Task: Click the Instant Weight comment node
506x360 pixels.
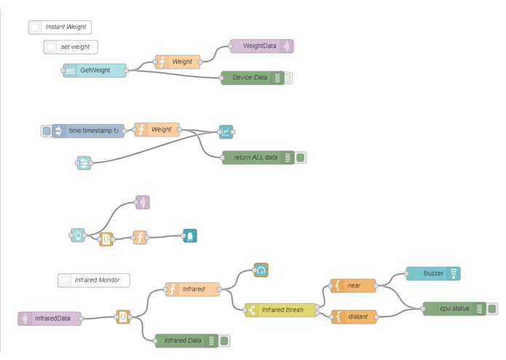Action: point(60,27)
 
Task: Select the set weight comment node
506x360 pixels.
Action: point(71,47)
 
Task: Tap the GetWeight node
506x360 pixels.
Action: point(95,71)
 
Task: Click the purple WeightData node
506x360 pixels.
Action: point(261,46)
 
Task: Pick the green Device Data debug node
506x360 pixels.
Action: point(253,78)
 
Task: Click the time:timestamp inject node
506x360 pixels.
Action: point(88,130)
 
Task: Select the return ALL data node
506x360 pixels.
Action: point(258,157)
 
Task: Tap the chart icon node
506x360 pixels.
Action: point(226,132)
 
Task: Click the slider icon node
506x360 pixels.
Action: point(84,163)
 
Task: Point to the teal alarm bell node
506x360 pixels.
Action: point(190,236)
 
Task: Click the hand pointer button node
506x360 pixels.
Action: point(78,235)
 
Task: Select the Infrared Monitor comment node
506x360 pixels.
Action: point(94,281)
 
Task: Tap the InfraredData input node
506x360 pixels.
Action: point(50,318)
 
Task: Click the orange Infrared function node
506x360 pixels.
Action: point(193,289)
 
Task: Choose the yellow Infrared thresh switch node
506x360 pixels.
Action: point(281,310)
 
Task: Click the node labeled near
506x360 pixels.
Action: point(353,286)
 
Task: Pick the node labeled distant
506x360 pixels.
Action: point(354,317)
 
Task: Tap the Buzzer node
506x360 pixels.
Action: point(433,273)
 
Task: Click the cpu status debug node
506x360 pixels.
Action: point(454,309)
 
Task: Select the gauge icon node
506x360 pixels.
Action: point(261,270)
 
